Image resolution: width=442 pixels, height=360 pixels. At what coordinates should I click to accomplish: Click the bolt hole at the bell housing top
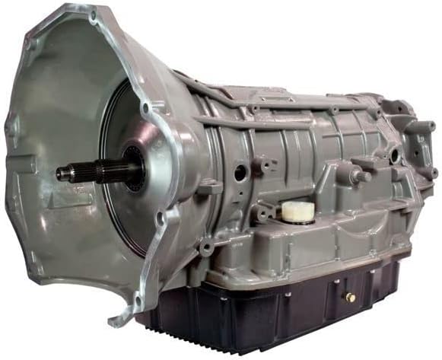pyautogui.click(x=92, y=14)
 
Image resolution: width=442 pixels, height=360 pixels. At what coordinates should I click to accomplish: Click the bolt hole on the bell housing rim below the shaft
pyautogui.click(x=161, y=221)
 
